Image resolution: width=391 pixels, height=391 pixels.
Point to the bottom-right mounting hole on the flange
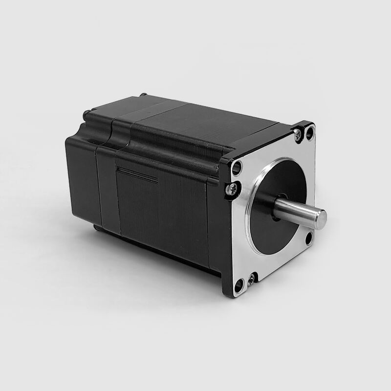309,238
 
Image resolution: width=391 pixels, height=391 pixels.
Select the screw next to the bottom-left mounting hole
251,279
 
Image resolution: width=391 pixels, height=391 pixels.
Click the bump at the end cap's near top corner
87,114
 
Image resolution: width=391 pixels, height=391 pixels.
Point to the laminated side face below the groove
161,215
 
